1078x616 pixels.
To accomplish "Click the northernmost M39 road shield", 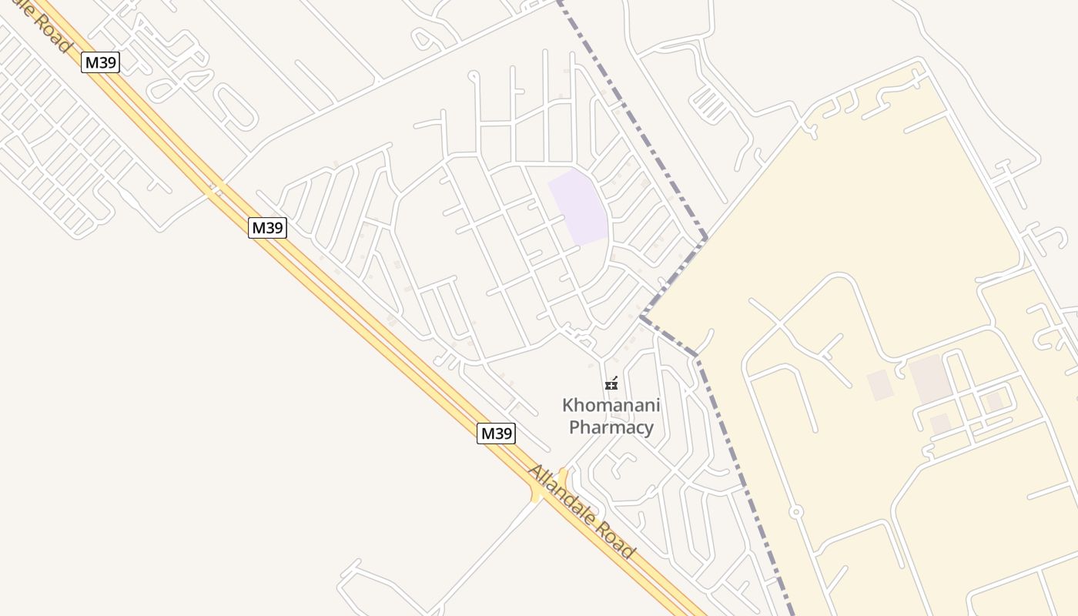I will tap(100, 62).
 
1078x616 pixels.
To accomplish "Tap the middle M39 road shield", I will tap(267, 228).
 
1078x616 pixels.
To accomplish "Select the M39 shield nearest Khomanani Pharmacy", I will tap(496, 434).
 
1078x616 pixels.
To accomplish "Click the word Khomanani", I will tap(611, 405).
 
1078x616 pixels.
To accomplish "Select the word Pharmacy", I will tap(611, 427).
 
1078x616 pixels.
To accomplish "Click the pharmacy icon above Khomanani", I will tap(611, 383).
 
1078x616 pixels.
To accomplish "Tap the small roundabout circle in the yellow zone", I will tap(796, 512).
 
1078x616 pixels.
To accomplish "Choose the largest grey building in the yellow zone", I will tap(930, 379).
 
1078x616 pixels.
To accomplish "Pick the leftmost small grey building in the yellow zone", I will tap(879, 385).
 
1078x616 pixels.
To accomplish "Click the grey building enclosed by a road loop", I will tap(994, 401).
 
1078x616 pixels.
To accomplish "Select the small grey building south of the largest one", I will tap(940, 423).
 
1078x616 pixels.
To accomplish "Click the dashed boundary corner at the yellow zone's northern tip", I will tap(706, 238).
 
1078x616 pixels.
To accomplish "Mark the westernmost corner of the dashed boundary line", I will tap(641, 316).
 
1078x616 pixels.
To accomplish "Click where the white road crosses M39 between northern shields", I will tap(216, 187).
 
